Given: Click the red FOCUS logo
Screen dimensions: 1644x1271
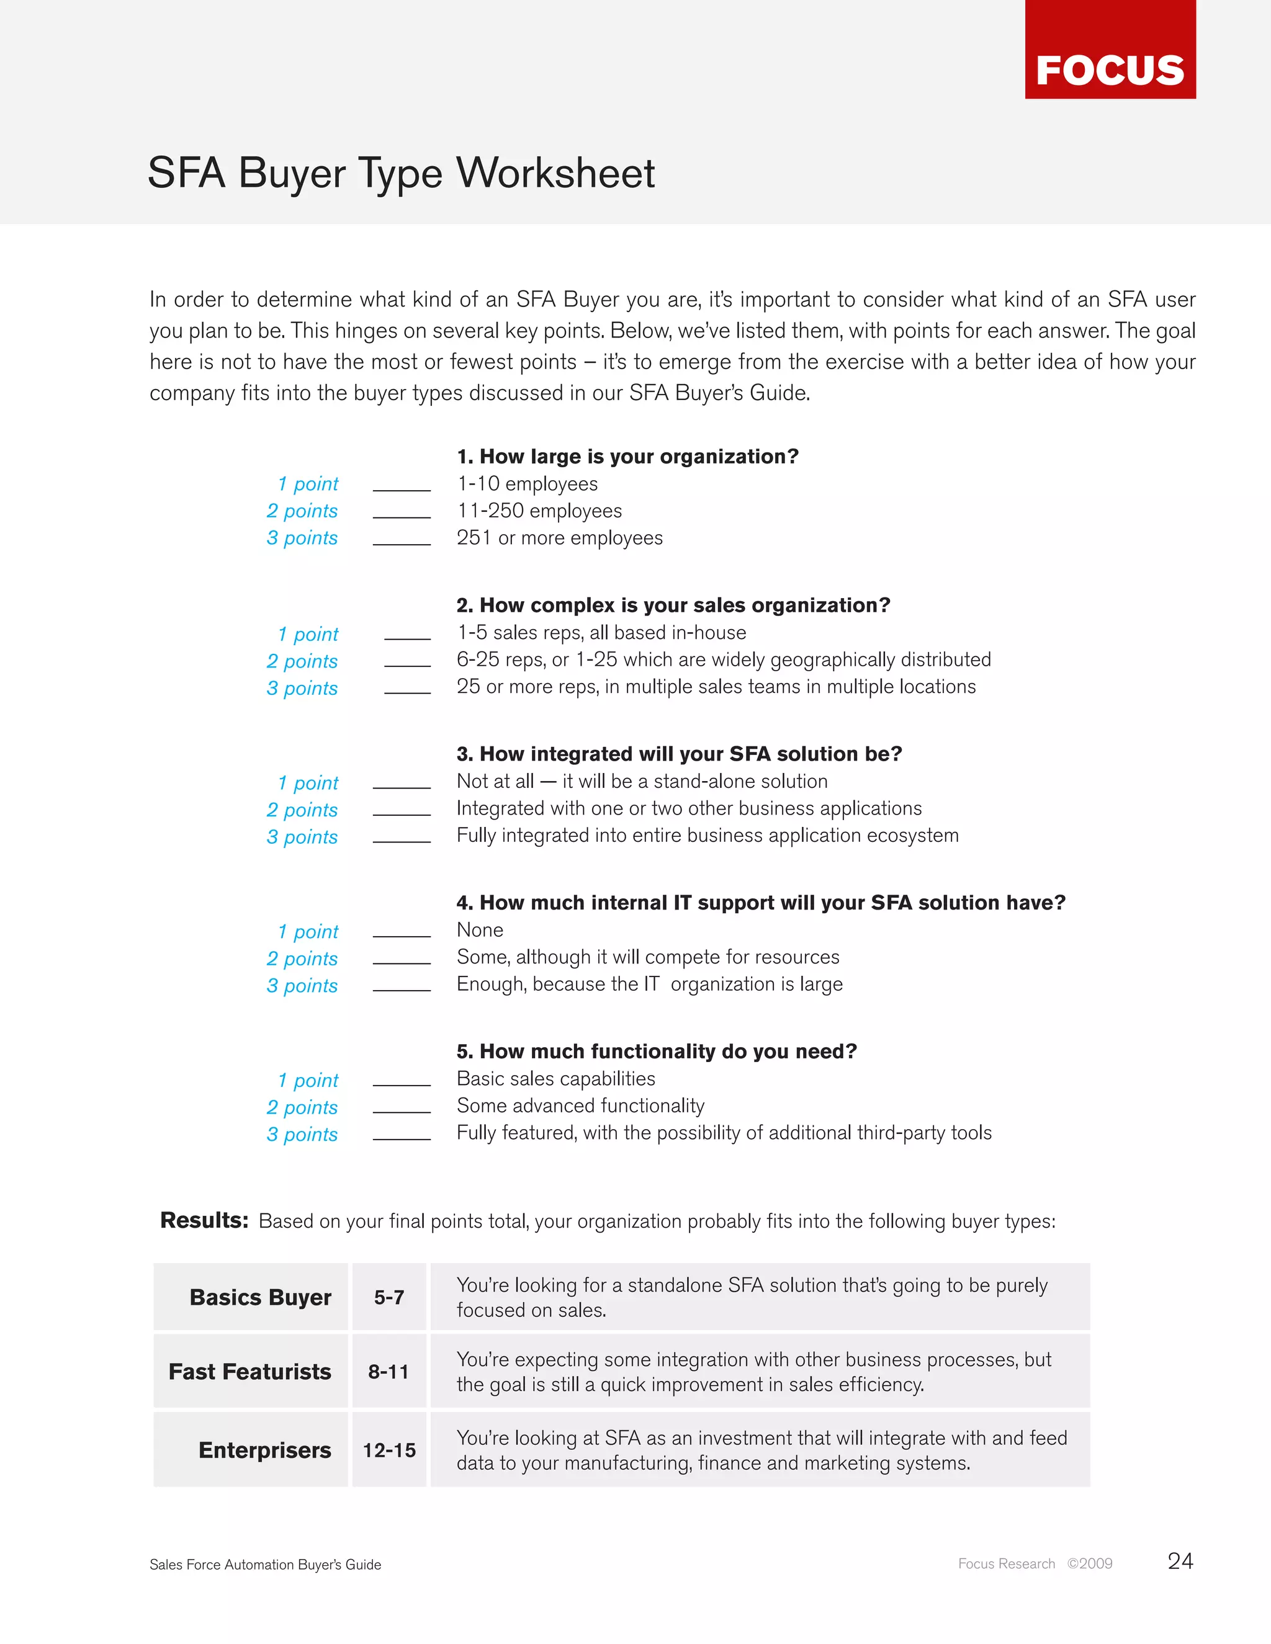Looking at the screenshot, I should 1110,50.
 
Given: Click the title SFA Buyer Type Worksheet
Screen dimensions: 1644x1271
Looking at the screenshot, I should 402,173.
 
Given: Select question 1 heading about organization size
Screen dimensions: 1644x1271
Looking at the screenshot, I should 627,457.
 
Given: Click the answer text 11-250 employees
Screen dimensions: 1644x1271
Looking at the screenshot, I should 539,511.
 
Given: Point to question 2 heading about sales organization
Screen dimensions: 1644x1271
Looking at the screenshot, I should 673,605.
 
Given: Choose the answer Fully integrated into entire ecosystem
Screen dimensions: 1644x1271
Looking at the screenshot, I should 707,836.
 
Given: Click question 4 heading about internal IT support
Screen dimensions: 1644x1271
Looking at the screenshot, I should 760,903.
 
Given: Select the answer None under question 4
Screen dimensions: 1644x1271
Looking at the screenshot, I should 480,931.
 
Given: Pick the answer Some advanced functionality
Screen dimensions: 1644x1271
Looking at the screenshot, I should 580,1106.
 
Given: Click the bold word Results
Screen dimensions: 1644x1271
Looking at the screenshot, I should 204,1220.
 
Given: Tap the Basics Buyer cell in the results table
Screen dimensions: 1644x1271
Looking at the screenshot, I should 260,1298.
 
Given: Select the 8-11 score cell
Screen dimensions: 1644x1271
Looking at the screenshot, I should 388,1372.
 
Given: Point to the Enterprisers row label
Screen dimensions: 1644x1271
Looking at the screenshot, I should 264,1450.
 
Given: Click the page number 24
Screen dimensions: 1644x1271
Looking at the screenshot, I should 1180,1561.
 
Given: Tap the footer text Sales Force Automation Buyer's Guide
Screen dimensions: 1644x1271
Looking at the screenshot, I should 265,1564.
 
